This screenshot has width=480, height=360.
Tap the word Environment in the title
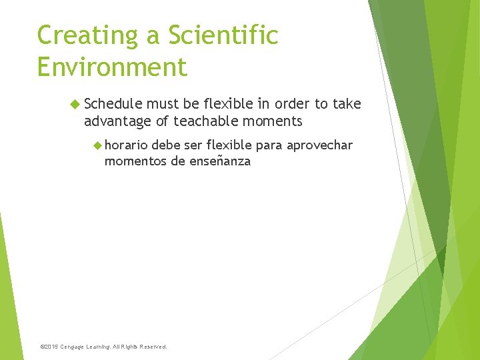click(x=112, y=67)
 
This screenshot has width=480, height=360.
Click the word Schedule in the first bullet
click(x=113, y=104)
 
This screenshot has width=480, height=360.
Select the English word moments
click(x=271, y=121)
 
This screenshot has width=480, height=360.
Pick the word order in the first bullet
click(x=293, y=104)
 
